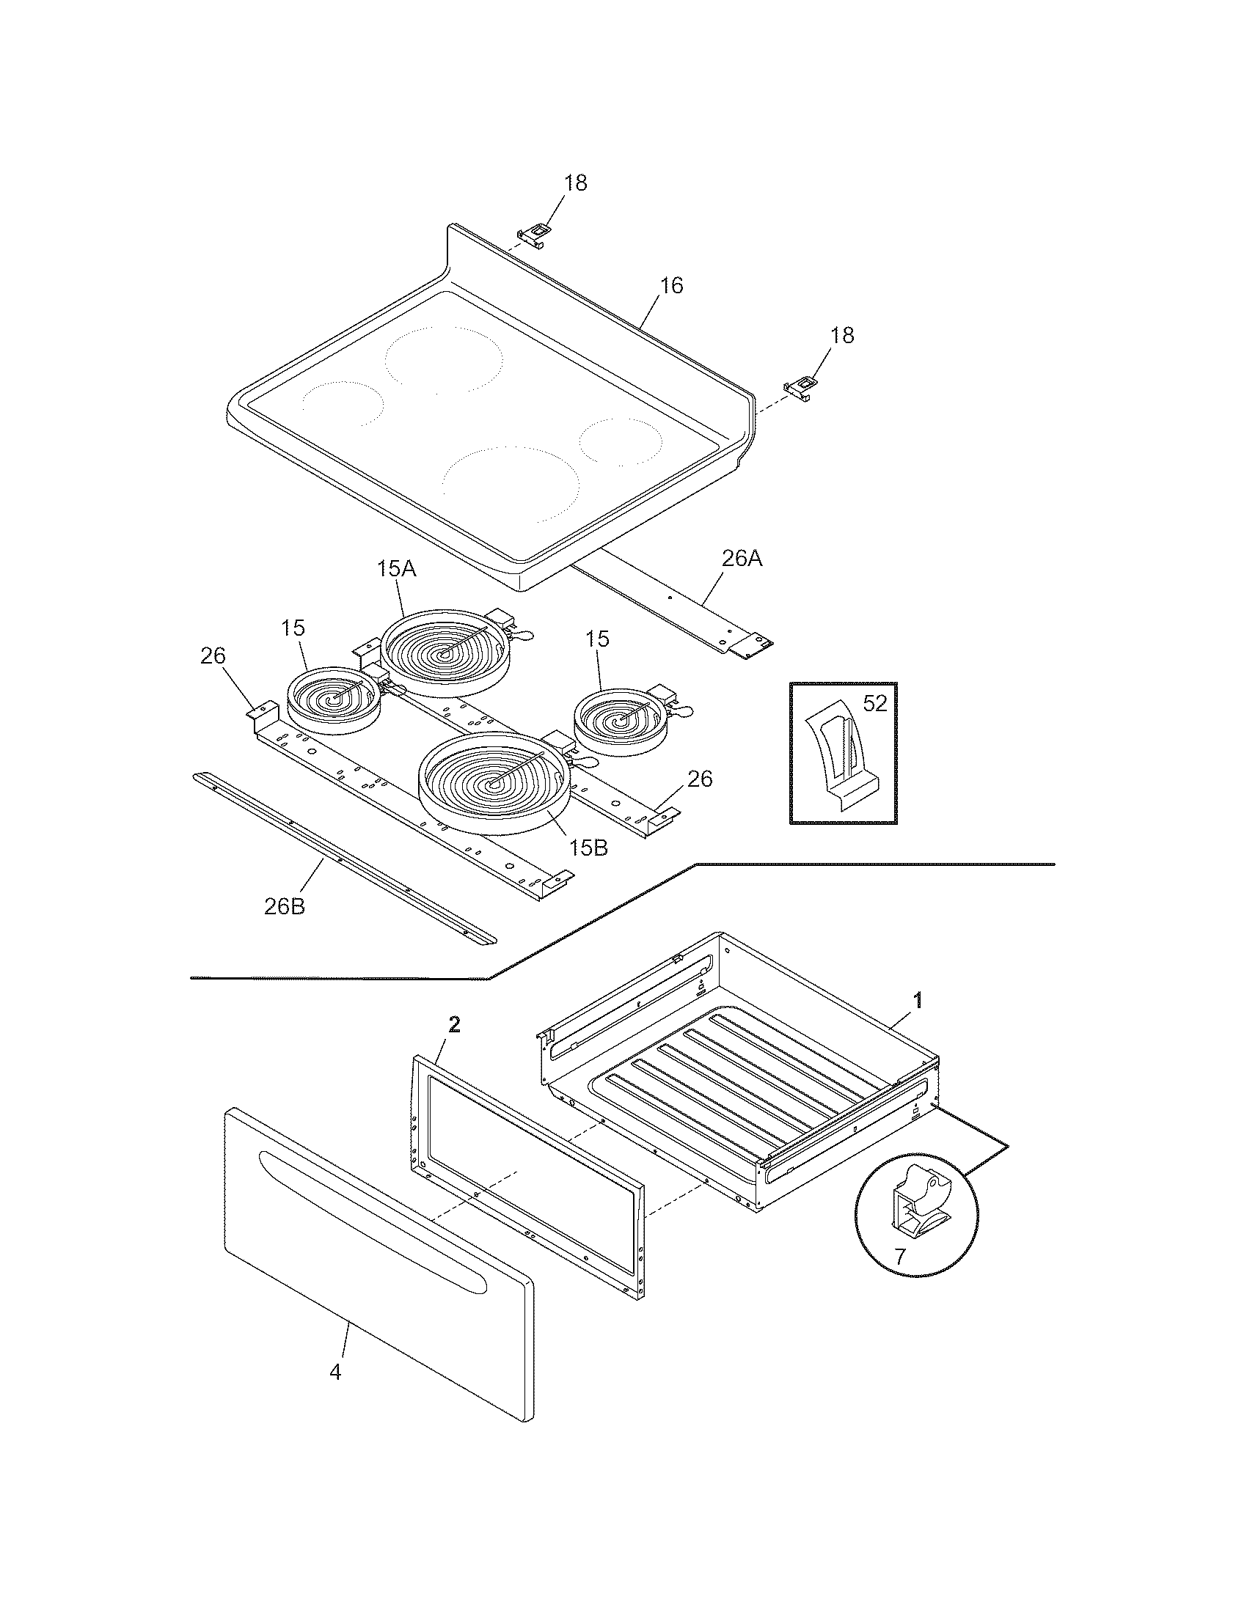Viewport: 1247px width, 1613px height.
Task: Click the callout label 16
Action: pyautogui.click(x=670, y=286)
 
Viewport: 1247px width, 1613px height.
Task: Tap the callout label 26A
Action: pyautogui.click(x=741, y=559)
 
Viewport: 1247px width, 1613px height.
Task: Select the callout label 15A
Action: pyautogui.click(x=396, y=569)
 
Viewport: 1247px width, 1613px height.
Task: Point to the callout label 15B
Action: pyautogui.click(x=588, y=848)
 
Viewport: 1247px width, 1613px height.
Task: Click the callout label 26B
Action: pyautogui.click(x=285, y=906)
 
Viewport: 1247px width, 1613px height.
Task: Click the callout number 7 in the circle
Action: pyautogui.click(x=899, y=1257)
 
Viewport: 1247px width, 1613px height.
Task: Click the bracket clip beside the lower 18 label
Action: pyautogui.click(x=800, y=387)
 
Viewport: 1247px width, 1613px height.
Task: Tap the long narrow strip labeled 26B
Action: pyautogui.click(x=343, y=858)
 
